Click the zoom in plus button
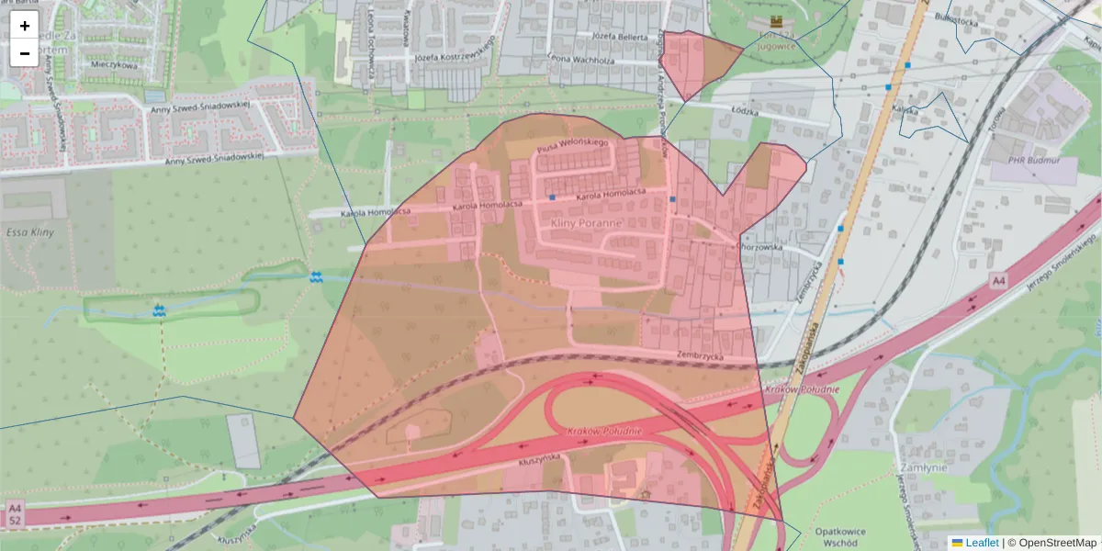(x=24, y=26)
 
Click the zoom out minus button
(x=24, y=53)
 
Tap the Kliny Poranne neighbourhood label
(x=586, y=223)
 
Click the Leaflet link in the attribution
(x=981, y=543)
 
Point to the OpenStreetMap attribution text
(x=1057, y=543)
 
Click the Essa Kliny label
(x=30, y=232)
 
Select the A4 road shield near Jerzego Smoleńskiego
(x=998, y=278)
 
